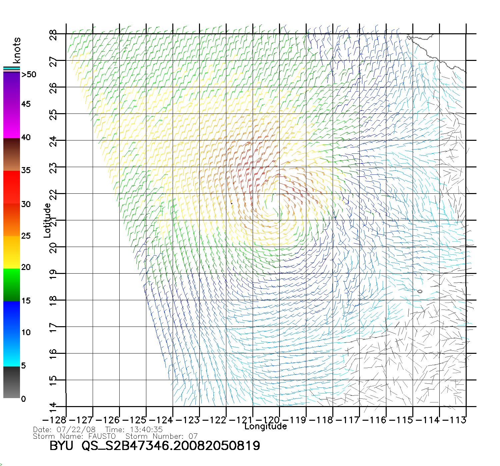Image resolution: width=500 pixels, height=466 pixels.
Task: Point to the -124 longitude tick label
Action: pyautogui.click(x=161, y=420)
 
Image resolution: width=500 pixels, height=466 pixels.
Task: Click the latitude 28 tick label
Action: pyautogui.click(x=53, y=34)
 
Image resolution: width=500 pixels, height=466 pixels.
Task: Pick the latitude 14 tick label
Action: pyautogui.click(x=53, y=407)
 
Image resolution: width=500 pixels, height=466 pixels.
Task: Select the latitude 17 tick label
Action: pyautogui.click(x=53, y=327)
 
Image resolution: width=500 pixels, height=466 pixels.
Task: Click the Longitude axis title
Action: pyautogui.click(x=266, y=426)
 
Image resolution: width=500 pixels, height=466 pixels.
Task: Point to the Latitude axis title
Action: pyautogui.click(x=47, y=220)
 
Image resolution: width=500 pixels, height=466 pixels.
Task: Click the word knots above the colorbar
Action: pyautogui.click(x=17, y=50)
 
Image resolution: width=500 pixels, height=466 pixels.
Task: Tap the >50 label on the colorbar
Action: pyautogui.click(x=29, y=75)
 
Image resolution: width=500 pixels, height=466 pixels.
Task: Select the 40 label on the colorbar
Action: pyautogui.click(x=26, y=137)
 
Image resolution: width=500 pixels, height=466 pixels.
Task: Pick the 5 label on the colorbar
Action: pyautogui.click(x=23, y=365)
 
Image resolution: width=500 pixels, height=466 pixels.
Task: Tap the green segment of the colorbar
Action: pyautogui.click(x=11, y=285)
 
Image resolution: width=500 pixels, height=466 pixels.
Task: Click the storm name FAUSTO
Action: pyautogui.click(x=102, y=436)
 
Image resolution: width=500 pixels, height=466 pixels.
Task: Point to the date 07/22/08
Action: pyautogui.click(x=76, y=429)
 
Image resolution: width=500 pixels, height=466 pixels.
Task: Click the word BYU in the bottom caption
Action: pyautogui.click(x=61, y=446)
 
